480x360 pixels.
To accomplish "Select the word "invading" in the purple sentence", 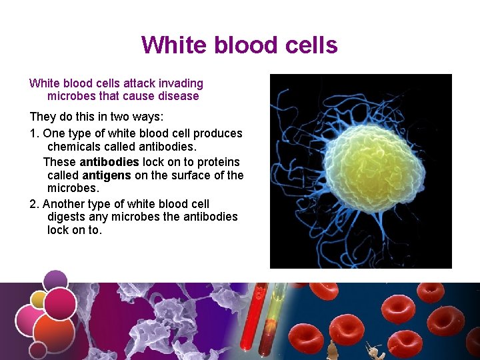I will tap(181, 83).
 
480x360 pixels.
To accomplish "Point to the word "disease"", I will tap(177, 96).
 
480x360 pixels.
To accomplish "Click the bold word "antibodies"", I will tap(109, 162).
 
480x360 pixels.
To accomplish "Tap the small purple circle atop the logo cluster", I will tap(56, 279).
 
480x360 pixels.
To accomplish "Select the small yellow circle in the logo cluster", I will tap(39, 299).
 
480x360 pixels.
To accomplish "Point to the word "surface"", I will tap(201, 175).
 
